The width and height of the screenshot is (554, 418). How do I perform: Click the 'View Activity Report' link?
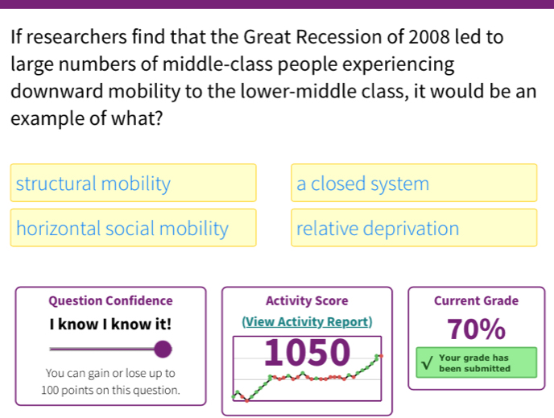pos(307,322)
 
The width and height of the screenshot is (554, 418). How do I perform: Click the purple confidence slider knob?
pos(163,349)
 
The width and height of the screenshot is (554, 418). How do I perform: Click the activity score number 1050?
pos(307,353)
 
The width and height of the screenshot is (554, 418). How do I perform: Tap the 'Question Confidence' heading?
pos(110,301)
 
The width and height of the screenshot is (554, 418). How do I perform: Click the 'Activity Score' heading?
pos(307,301)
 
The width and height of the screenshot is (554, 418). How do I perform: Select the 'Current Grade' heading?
pos(476,301)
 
